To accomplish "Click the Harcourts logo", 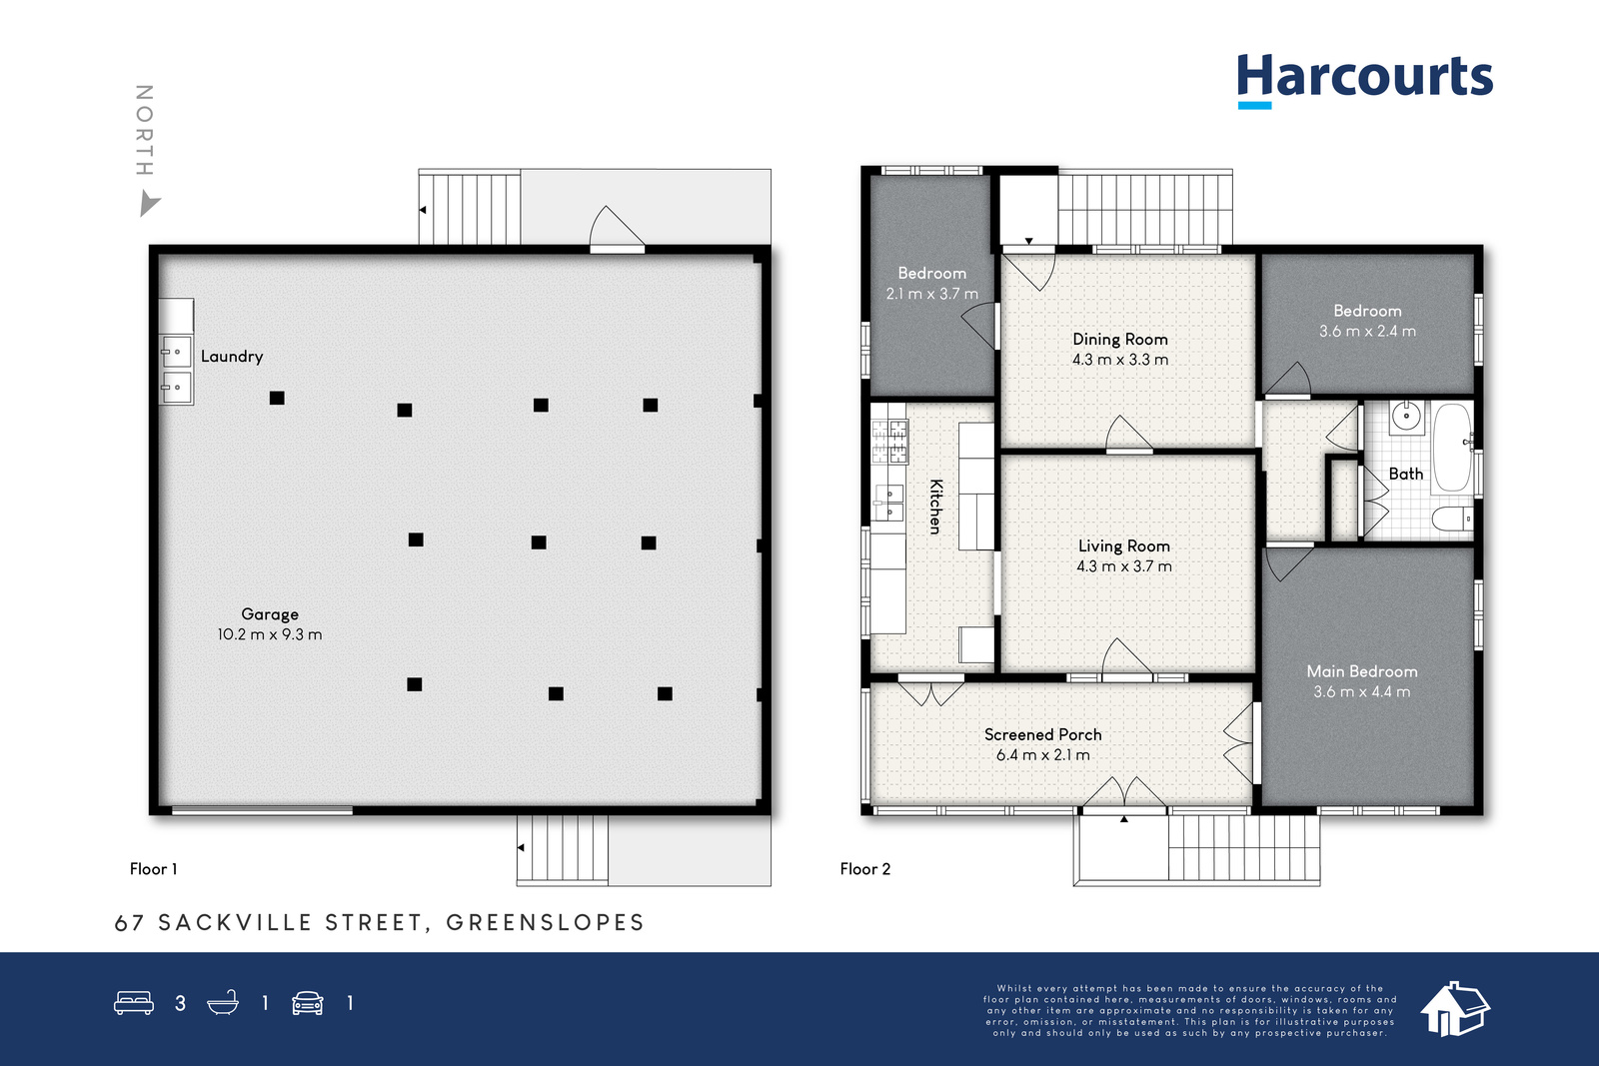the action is click(1365, 80).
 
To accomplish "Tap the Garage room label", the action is click(270, 613).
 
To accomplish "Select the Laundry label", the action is click(232, 356).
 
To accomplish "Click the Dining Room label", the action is click(1120, 339).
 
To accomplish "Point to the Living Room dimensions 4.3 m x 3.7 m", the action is click(1124, 566).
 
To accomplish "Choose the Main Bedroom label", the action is click(1362, 671).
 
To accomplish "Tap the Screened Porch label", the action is click(1043, 734).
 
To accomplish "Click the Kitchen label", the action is click(935, 507).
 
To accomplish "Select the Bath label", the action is click(1405, 474).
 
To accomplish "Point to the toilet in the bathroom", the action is click(1452, 519).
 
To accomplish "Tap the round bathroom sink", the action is click(1406, 416).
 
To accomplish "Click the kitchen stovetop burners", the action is click(888, 441).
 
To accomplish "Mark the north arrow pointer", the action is click(149, 203).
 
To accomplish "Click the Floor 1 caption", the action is click(154, 869).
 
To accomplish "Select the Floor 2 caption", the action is click(865, 869).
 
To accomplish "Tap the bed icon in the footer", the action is click(134, 1002).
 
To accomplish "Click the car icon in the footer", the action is click(308, 1002).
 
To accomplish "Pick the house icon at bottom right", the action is click(1455, 1009).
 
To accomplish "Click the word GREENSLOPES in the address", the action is click(546, 922).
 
